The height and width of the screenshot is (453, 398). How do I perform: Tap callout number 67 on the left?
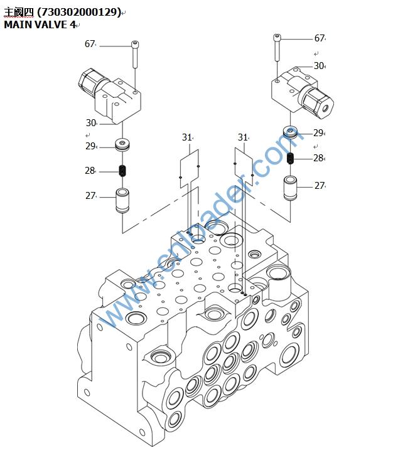click(x=90, y=44)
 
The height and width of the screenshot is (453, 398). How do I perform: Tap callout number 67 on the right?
click(x=320, y=38)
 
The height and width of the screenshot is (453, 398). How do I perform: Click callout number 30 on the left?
click(x=91, y=123)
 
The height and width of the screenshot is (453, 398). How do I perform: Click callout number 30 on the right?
click(x=319, y=66)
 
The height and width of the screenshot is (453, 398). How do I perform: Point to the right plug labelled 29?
click(x=291, y=133)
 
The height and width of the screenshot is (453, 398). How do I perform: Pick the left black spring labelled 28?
click(x=123, y=170)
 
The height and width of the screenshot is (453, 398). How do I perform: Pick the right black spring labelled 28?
click(x=291, y=158)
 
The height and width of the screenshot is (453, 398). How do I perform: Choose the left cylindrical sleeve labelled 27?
click(x=122, y=200)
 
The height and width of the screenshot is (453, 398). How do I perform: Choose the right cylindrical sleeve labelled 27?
click(x=290, y=188)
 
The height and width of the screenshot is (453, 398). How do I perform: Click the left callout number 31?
click(x=187, y=137)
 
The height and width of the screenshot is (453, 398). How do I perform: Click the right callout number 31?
click(x=243, y=137)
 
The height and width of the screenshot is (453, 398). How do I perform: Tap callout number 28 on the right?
click(x=319, y=158)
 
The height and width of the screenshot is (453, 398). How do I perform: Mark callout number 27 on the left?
click(x=90, y=196)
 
